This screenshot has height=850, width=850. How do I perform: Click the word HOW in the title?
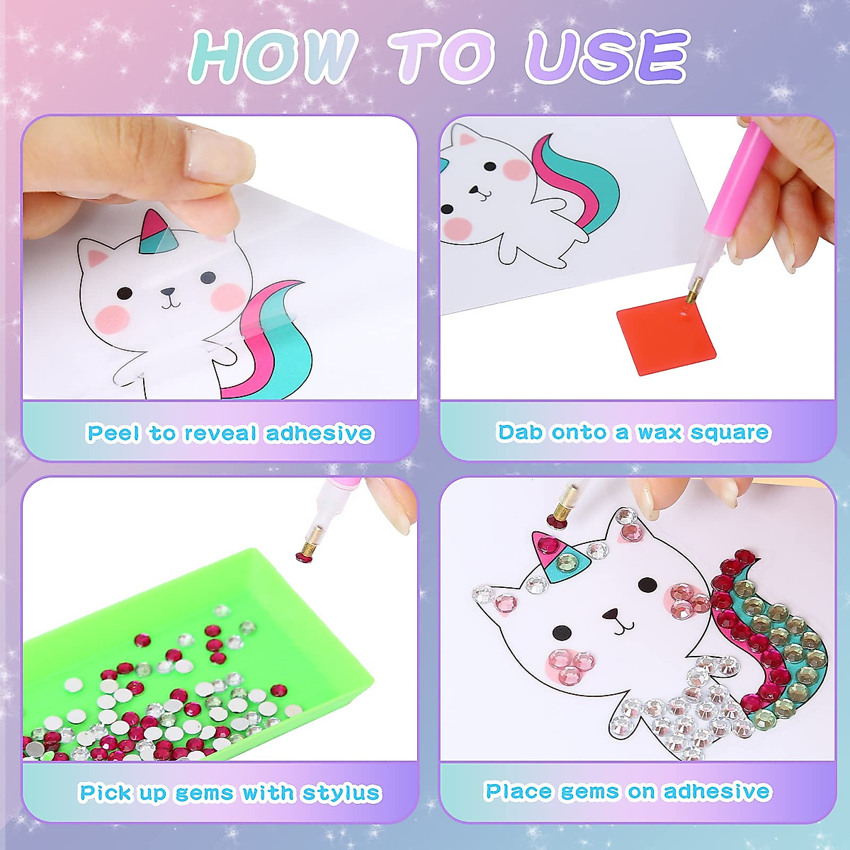[273, 57]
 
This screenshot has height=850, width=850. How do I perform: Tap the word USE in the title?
[606, 57]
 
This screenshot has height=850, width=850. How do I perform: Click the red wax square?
[665, 336]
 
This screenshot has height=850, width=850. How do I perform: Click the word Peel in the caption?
[113, 433]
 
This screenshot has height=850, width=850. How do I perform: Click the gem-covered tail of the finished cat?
[765, 637]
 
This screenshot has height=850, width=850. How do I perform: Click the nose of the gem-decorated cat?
[611, 614]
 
